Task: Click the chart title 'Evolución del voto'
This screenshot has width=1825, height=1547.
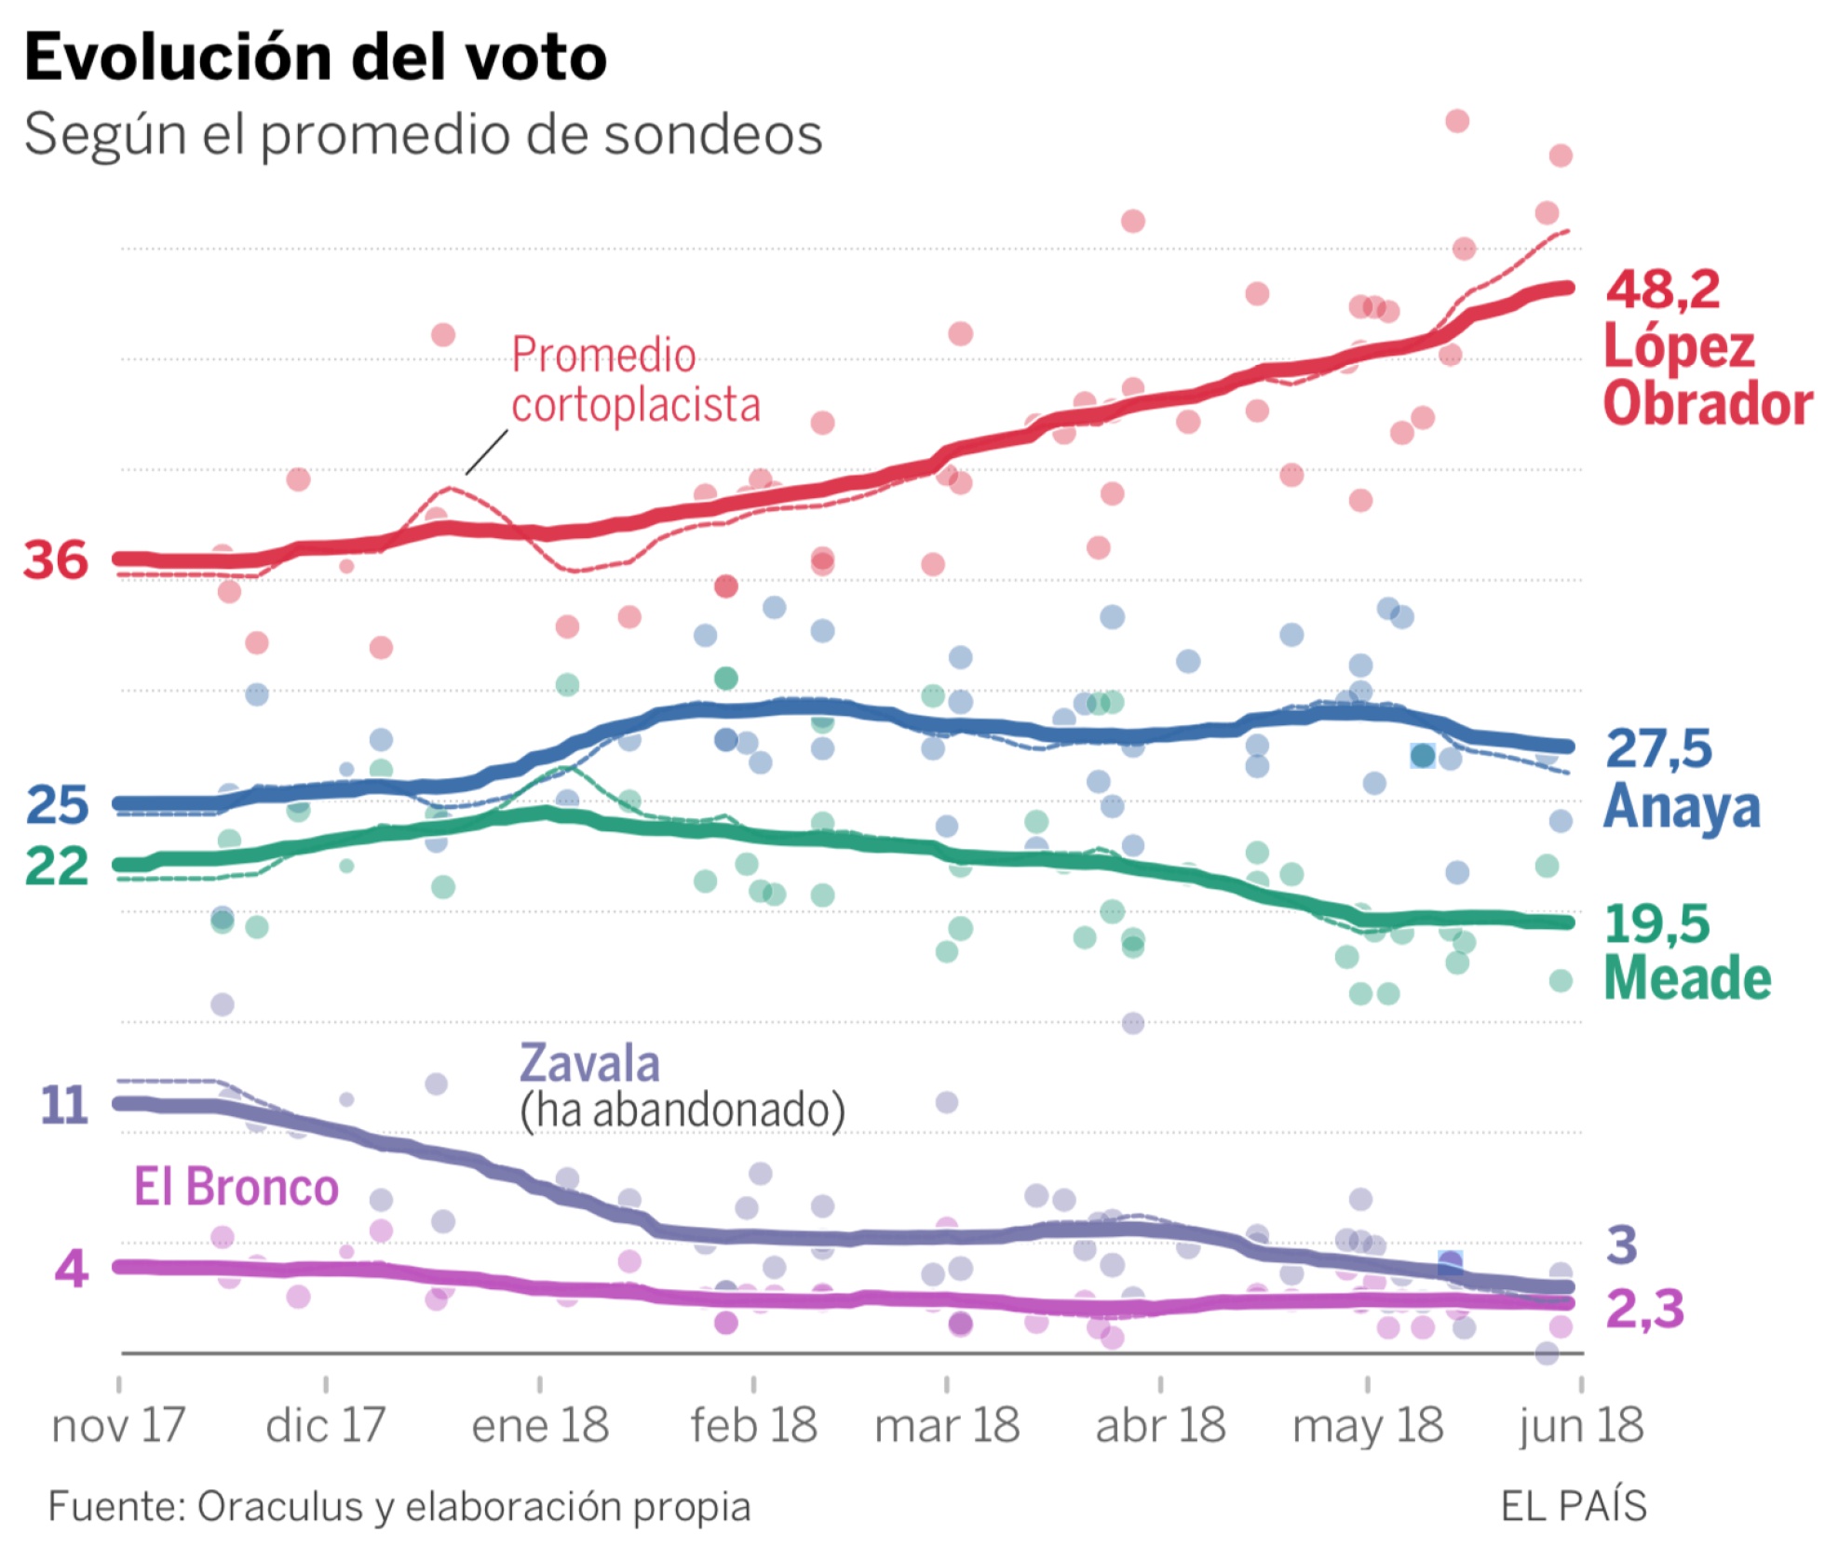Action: [x=316, y=58]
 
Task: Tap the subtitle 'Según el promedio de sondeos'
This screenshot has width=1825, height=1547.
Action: [x=424, y=135]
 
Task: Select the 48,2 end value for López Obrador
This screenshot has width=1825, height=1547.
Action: [x=1663, y=289]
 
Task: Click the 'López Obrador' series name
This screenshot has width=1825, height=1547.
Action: [x=1707, y=375]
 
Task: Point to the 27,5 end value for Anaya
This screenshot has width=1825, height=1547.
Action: [x=1659, y=748]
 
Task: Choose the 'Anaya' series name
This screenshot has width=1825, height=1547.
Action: [x=1682, y=806]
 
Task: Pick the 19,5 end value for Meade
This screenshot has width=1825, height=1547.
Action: [x=1657, y=924]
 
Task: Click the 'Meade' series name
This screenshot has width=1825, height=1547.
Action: [x=1687, y=979]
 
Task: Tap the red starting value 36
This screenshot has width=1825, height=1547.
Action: [x=56, y=560]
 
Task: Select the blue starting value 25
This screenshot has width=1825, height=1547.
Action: [x=58, y=805]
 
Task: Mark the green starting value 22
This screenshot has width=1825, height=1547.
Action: [x=57, y=867]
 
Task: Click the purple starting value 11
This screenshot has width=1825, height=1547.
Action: [x=63, y=1106]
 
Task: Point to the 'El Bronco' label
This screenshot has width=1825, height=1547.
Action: [x=237, y=1187]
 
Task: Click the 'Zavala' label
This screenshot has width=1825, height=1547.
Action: [x=589, y=1063]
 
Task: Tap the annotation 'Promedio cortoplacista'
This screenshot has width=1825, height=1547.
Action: [x=635, y=380]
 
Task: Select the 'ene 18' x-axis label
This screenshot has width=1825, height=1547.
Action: [x=540, y=1426]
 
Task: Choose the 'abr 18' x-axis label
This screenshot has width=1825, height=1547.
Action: [x=1160, y=1426]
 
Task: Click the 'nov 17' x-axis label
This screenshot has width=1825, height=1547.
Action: [x=118, y=1426]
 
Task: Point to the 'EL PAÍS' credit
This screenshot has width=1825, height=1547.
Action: [x=1574, y=1506]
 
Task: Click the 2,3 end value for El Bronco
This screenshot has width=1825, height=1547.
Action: [x=1645, y=1310]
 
